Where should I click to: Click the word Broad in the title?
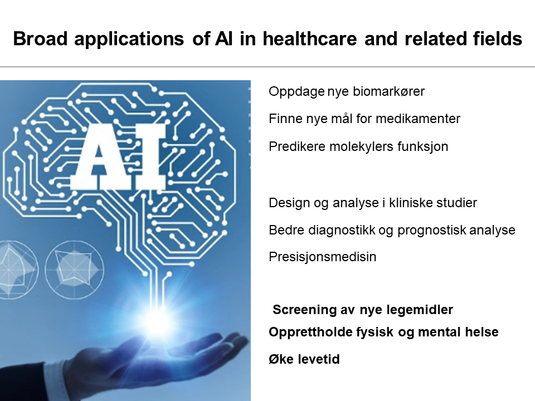click(x=40, y=38)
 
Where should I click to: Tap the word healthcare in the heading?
click(x=310, y=38)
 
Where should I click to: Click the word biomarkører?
click(x=388, y=91)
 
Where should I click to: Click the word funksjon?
click(x=423, y=146)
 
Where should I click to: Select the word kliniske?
click(x=408, y=203)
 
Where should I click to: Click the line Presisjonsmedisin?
click(x=323, y=257)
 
